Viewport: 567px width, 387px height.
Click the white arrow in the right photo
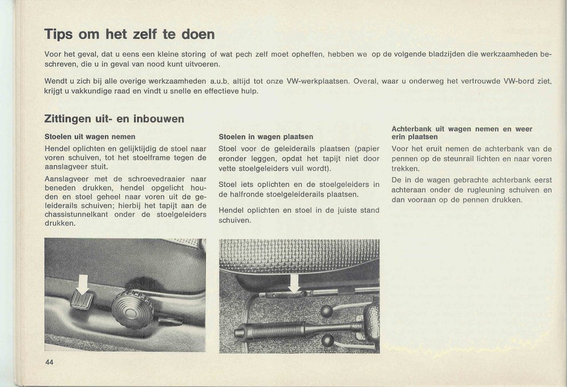click(295, 282)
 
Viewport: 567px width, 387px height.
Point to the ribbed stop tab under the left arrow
click(82, 300)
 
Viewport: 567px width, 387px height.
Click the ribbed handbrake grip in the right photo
click(273, 330)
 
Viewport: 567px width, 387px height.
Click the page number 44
click(49, 362)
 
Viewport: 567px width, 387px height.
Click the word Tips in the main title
click(59, 34)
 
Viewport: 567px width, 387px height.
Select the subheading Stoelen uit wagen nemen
click(90, 137)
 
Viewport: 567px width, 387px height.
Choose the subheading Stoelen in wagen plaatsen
click(266, 137)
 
